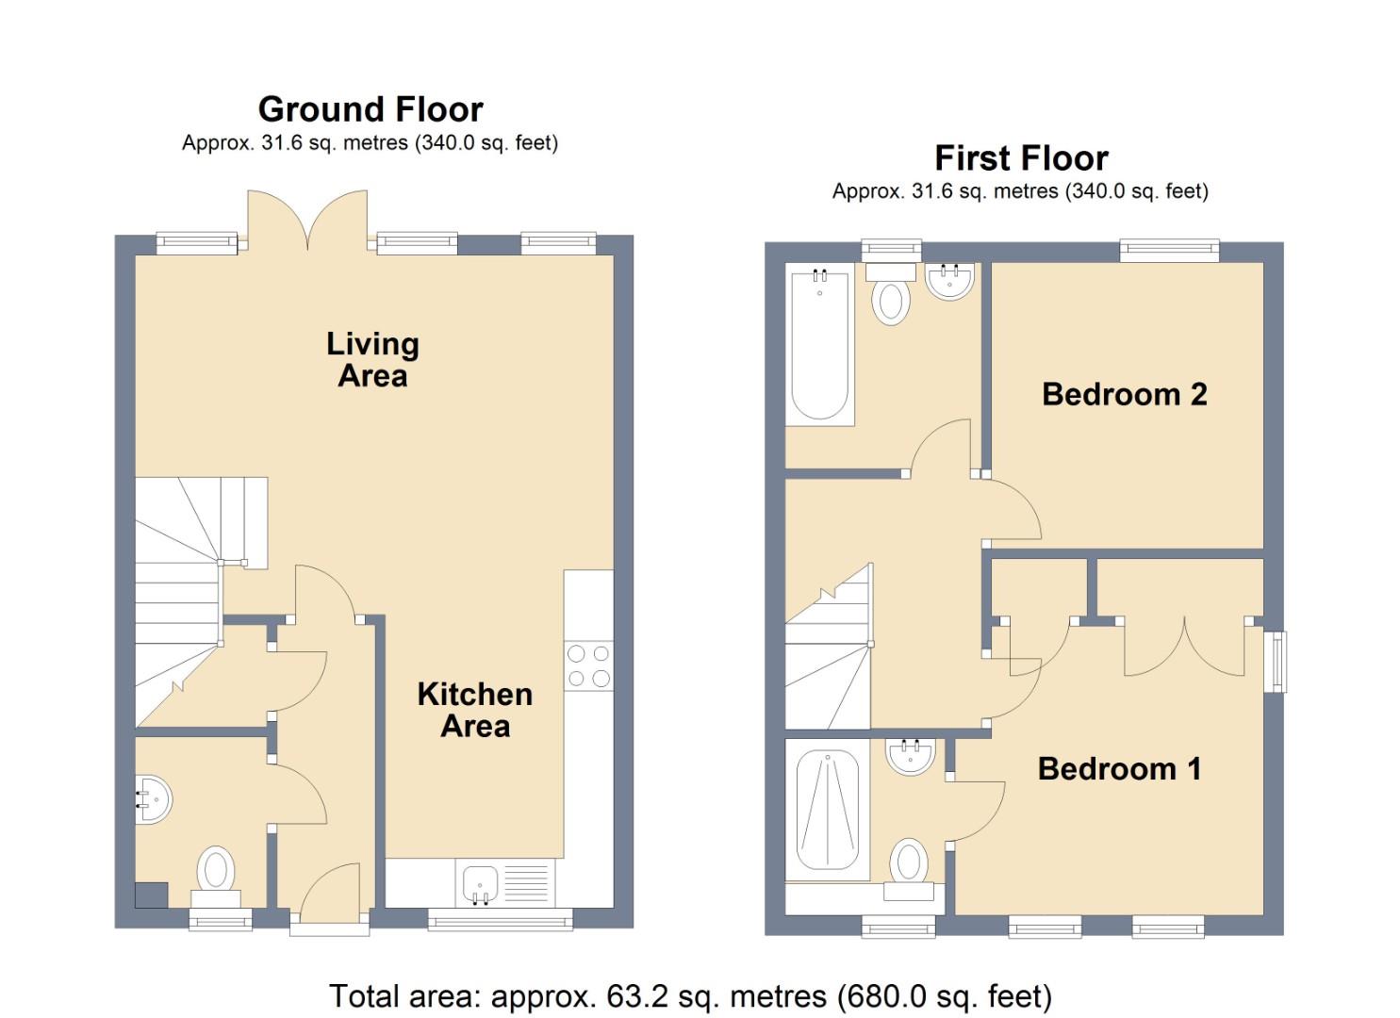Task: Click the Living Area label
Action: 372,359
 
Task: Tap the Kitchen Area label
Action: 475,710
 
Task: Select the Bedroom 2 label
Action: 1124,394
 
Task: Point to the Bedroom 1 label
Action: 1119,769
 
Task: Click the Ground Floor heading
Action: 371,109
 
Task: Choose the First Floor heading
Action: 1021,157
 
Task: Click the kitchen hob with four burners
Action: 588,665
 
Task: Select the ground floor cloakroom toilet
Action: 216,873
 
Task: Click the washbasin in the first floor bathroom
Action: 949,281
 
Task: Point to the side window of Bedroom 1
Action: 1277,661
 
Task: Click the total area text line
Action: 690,995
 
